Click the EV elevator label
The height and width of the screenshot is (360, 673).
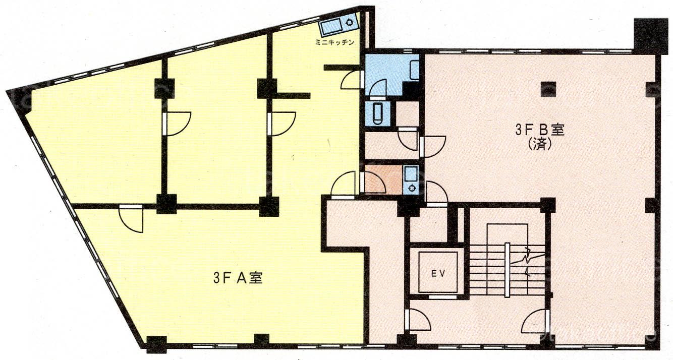(x=438, y=273)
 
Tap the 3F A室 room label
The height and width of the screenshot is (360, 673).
(x=238, y=278)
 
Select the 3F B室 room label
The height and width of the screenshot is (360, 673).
(x=540, y=131)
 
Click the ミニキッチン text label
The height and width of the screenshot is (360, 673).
(x=334, y=42)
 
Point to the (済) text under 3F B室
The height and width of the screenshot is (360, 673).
(x=540, y=145)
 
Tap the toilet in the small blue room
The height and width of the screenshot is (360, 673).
(x=377, y=113)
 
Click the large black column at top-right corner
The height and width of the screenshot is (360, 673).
(x=647, y=36)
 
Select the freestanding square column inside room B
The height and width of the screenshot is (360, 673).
(x=548, y=89)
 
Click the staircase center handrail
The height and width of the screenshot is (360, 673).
(x=507, y=270)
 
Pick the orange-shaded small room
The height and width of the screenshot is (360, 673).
(x=383, y=179)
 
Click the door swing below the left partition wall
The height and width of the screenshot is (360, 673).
(x=131, y=219)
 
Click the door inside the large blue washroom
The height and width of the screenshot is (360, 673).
(x=378, y=89)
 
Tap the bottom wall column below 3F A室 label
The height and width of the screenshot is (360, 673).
(x=262, y=340)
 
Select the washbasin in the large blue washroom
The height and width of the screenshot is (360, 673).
(x=415, y=70)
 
